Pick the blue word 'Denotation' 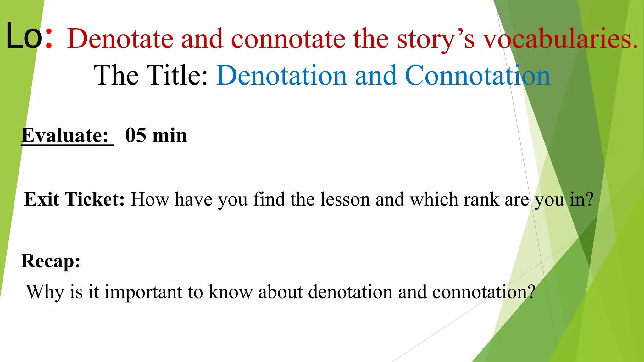[x=282, y=75]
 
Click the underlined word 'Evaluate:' [x=65, y=135]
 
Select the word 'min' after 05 [x=169, y=135]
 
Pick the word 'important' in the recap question [x=143, y=292]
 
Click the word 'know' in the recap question [x=230, y=292]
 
